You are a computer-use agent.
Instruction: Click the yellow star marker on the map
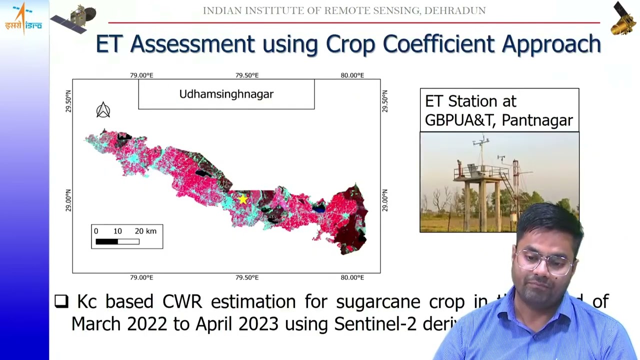tap(243, 199)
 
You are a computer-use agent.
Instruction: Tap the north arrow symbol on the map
tap(103, 110)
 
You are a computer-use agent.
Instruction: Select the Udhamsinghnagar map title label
tap(226, 94)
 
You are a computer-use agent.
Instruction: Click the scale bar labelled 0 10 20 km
tap(126, 237)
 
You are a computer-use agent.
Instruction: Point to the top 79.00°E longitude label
tap(141, 75)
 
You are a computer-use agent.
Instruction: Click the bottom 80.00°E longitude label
tap(352, 277)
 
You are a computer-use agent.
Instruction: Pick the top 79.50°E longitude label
tap(247, 75)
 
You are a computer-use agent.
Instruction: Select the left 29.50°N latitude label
tap(68, 101)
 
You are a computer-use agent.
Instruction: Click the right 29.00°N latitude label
tap(384, 200)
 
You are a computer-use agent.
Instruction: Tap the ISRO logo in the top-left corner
tap(23, 18)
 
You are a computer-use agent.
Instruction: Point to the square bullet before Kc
tap(61, 301)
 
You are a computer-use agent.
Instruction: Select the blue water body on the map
tap(318, 207)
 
